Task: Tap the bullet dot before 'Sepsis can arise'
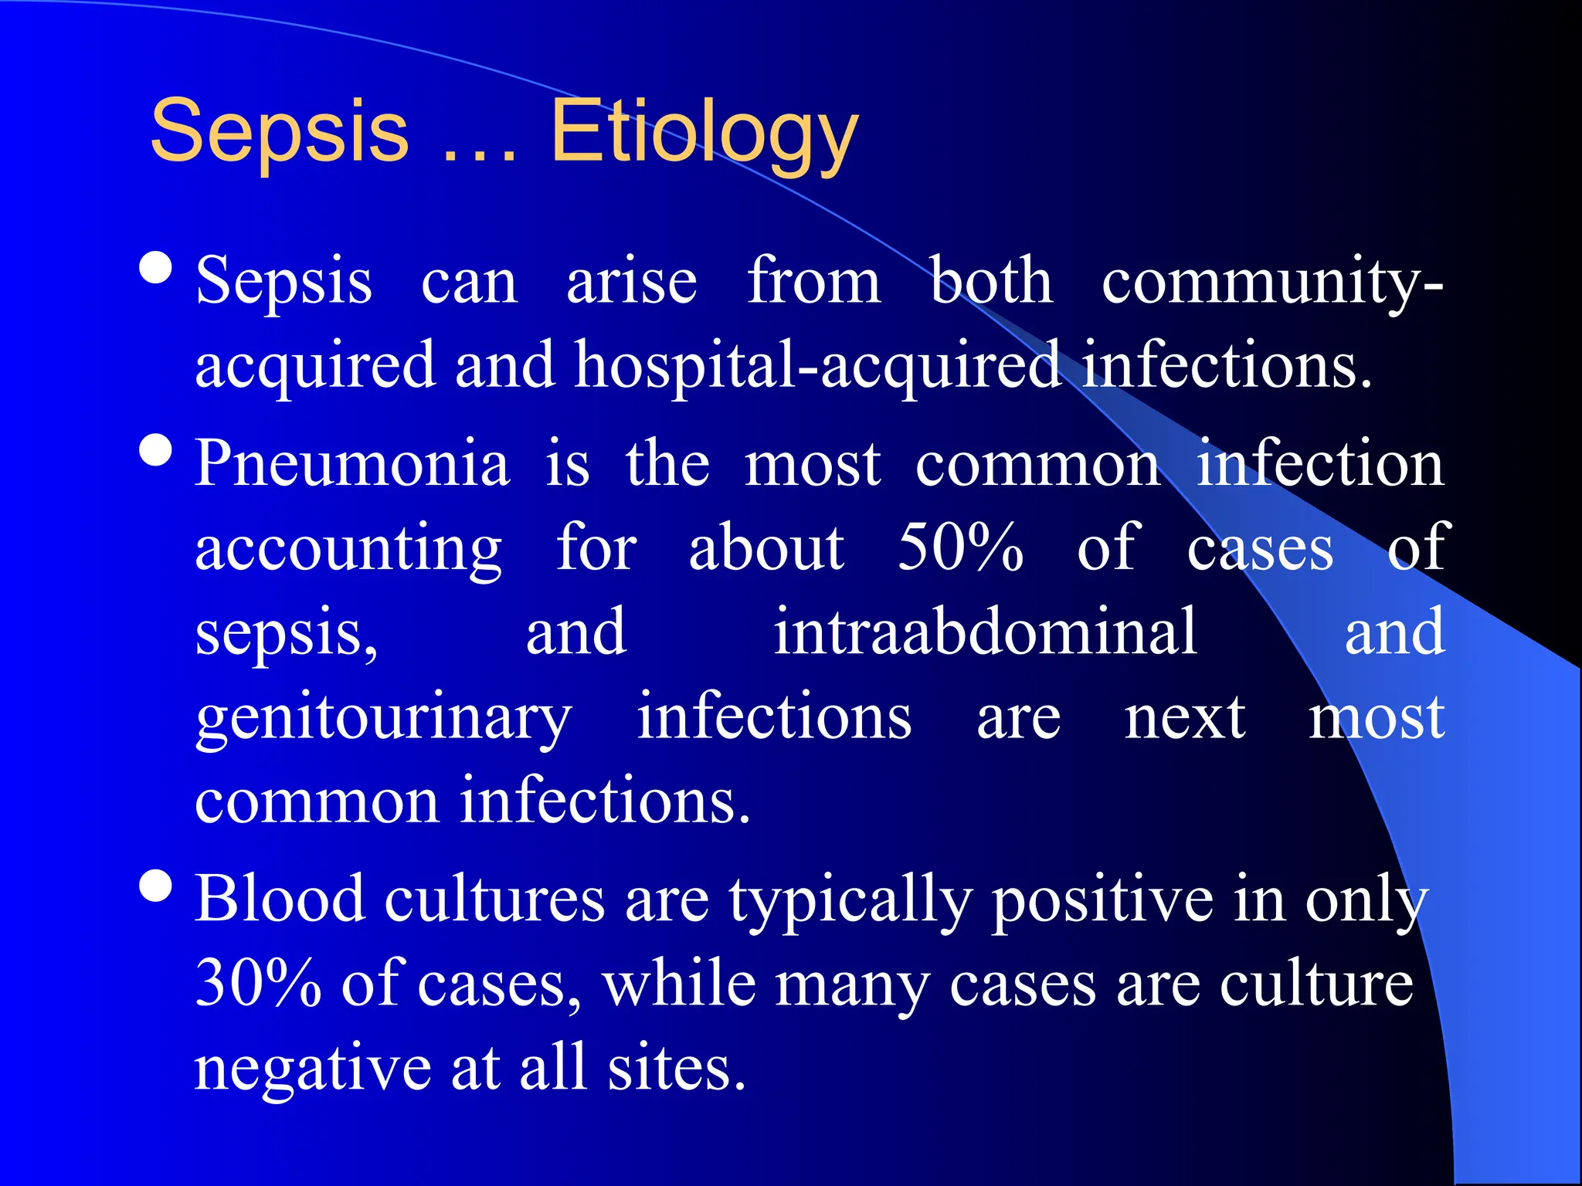(156, 269)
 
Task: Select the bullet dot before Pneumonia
(156, 450)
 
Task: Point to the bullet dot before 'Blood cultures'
(156, 886)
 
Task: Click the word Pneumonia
(352, 464)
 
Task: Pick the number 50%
(960, 547)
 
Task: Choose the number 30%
(258, 984)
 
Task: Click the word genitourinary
(383, 718)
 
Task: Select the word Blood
(280, 899)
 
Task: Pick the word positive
(1102, 900)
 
